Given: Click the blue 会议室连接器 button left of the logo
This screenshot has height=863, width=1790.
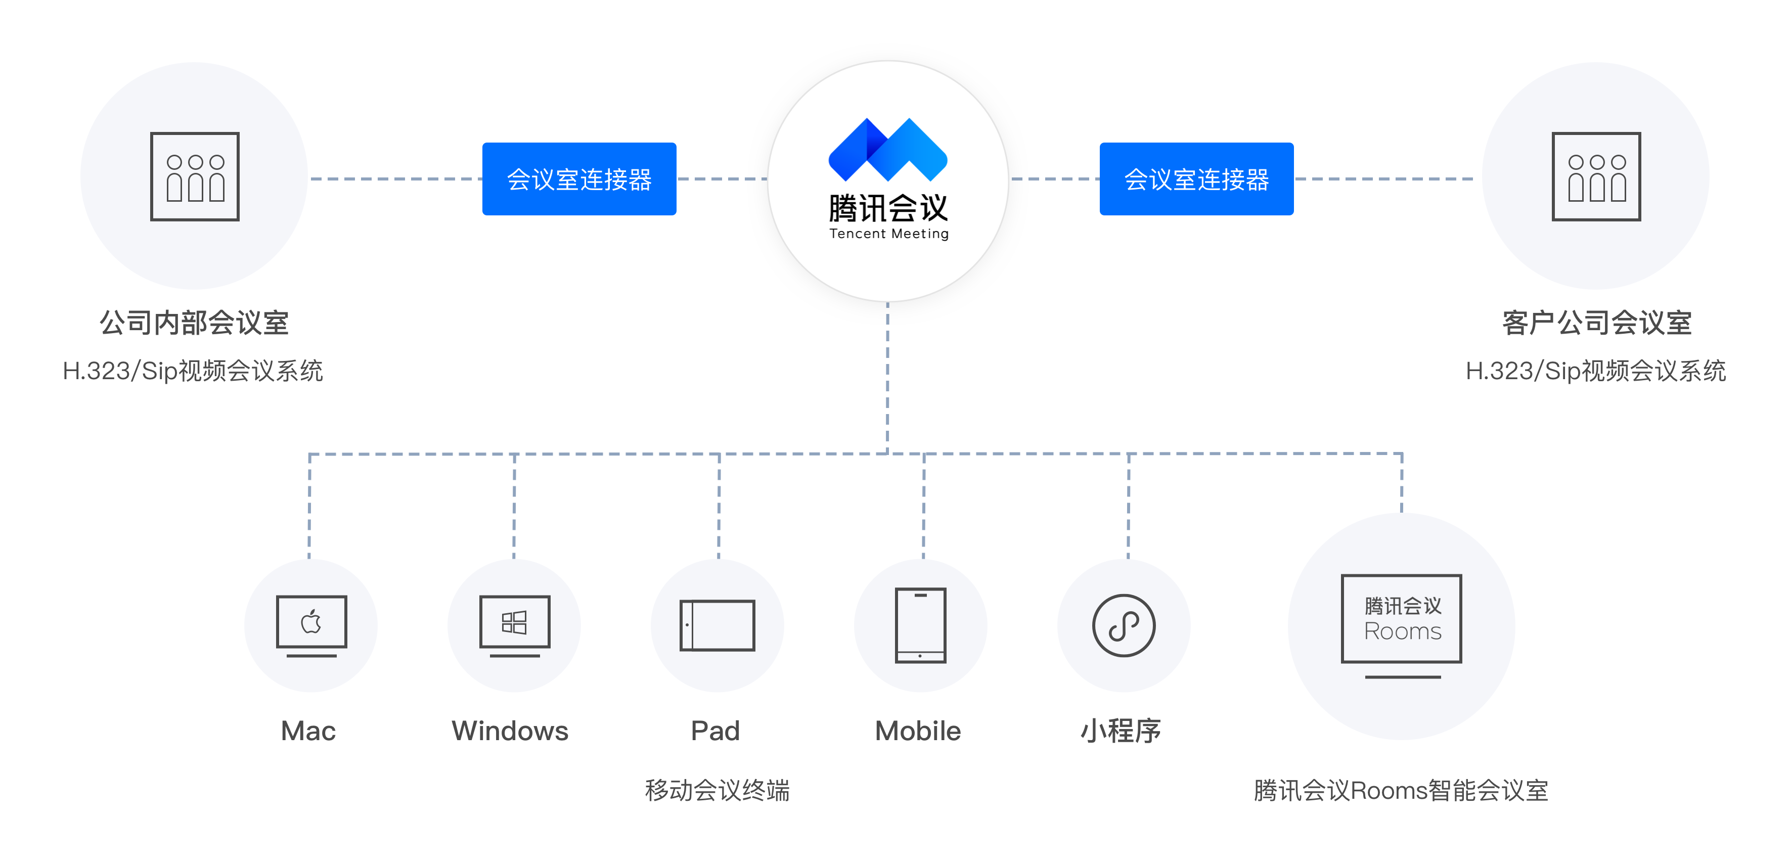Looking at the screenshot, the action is pos(579,178).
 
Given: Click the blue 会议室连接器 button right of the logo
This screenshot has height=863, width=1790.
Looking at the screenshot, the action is pos(1196,178).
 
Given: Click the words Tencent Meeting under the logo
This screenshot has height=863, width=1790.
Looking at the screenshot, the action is pos(889,234).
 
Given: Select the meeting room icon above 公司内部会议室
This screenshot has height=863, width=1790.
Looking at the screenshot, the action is pos(195,176).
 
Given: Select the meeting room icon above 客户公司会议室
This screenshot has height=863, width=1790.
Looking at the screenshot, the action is pos(1596,176).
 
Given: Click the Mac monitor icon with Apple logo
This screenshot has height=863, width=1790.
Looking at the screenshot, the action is pos(311,625).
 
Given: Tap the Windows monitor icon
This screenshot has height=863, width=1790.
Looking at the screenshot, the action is pos(514,625).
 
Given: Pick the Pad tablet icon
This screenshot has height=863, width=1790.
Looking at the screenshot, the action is pos(717,625).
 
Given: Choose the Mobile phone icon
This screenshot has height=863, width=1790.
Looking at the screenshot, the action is pos(921,625).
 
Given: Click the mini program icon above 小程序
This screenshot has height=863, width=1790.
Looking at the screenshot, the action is pos(1124,625).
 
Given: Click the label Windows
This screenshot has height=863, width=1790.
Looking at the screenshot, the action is pos(510,731).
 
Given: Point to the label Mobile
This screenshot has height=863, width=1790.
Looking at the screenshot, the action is pos(918,731).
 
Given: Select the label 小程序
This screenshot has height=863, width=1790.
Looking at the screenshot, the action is pos(1121,731).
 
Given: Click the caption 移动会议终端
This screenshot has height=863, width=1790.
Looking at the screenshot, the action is pos(717,790).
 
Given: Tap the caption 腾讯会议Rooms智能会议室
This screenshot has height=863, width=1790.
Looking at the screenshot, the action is pos(1401,790).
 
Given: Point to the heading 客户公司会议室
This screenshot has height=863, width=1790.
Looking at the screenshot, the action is pos(1597,323).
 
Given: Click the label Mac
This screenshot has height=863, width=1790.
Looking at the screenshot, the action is pos(308,731).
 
